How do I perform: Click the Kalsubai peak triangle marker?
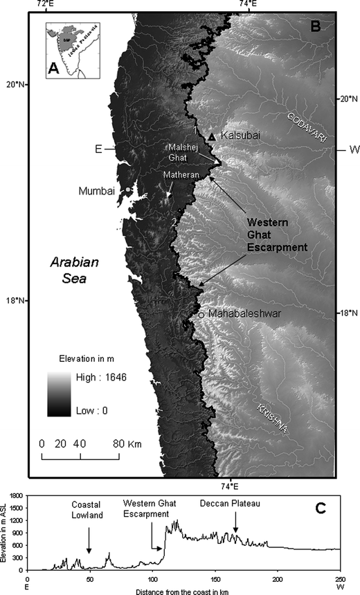212,137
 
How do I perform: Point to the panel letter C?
321,509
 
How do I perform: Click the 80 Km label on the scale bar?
125,443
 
